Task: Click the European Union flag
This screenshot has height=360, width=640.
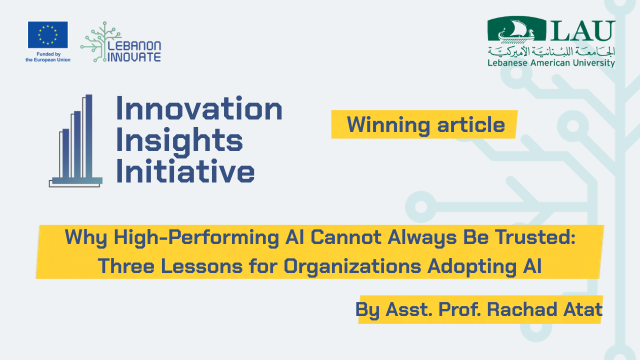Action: (47, 35)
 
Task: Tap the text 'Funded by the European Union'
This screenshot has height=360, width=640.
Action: (48, 57)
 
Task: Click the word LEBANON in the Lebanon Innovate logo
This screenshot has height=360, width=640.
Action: (134, 45)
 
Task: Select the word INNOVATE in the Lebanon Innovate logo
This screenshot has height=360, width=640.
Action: (134, 57)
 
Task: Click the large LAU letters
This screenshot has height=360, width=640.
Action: (583, 31)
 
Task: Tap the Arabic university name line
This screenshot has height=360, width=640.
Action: (551, 51)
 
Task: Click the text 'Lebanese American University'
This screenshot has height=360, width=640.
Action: (551, 63)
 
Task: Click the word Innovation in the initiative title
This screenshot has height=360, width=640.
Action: (199, 108)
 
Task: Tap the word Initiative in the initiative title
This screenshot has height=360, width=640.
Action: (185, 171)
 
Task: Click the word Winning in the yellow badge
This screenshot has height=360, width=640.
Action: (388, 125)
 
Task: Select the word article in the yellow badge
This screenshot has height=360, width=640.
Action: (471, 124)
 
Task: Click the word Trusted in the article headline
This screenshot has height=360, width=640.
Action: (535, 237)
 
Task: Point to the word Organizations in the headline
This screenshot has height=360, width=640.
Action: (352, 266)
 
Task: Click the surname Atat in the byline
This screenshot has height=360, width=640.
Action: (583, 309)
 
